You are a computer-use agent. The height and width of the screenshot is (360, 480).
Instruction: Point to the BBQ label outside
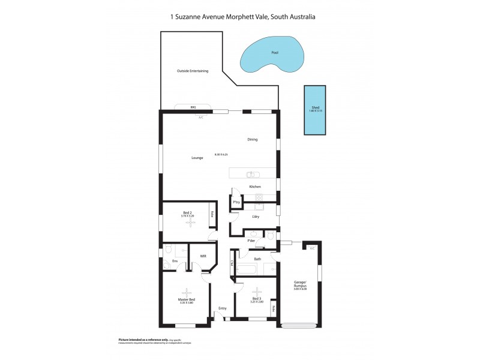pyautogui.click(x=193, y=107)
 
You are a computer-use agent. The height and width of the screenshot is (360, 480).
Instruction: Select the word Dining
pyautogui.click(x=253, y=140)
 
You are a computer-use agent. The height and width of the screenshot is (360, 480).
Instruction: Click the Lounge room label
pyautogui.click(x=197, y=158)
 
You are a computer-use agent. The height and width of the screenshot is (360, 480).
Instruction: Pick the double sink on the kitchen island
pyautogui.click(x=253, y=175)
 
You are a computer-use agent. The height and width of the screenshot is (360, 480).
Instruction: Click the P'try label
pyautogui.click(x=236, y=203)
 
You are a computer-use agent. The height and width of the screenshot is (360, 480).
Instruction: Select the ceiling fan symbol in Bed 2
pyautogui.click(x=190, y=223)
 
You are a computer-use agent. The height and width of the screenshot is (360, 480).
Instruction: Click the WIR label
pyautogui.click(x=203, y=256)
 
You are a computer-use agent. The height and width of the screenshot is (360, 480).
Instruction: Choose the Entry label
pyautogui.click(x=223, y=308)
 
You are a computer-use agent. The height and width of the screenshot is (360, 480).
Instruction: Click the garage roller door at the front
pyautogui.click(x=300, y=326)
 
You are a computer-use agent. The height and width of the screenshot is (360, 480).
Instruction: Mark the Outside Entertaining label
pyautogui.click(x=193, y=71)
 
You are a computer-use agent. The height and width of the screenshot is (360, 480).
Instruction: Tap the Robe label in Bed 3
pyautogui.click(x=274, y=309)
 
